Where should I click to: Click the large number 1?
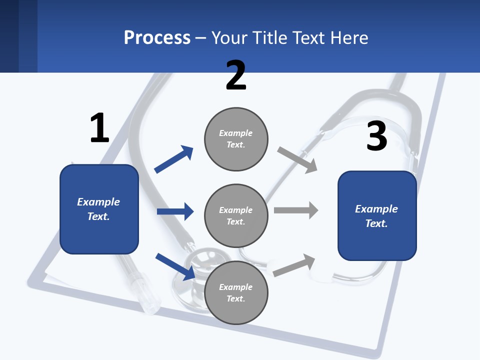click(x=99, y=128)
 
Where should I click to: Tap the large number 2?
click(x=236, y=75)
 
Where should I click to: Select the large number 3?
click(x=376, y=136)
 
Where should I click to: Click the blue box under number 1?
click(x=99, y=209)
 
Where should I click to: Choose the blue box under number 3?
click(x=377, y=215)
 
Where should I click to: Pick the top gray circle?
click(x=236, y=138)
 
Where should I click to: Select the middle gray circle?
click(x=236, y=215)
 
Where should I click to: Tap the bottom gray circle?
click(x=236, y=292)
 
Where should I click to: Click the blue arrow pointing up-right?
click(x=174, y=159)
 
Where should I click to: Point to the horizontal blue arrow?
click(x=175, y=211)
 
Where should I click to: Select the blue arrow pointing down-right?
click(x=175, y=266)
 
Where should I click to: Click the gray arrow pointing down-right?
click(x=297, y=160)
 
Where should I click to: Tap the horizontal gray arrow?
click(x=296, y=210)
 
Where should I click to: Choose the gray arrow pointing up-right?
click(x=294, y=265)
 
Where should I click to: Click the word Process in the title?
click(x=157, y=37)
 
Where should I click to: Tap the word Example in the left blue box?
click(x=98, y=202)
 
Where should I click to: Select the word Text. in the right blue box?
click(x=376, y=223)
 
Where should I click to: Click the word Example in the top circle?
click(x=235, y=133)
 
